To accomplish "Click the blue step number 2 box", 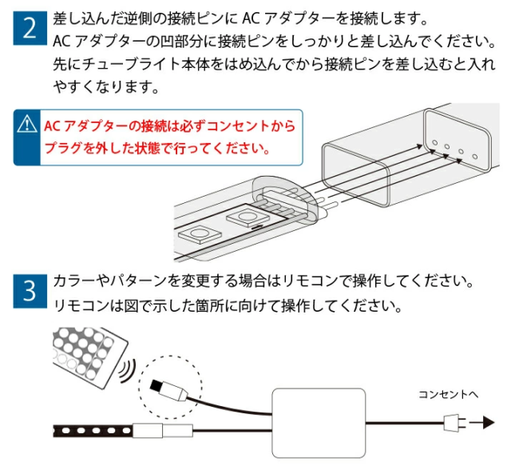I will pos(29,30).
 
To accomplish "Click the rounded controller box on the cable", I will pos(319,422).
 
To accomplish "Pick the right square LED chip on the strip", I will pos(243,217).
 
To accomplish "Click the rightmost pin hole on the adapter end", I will pos(473,155).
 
